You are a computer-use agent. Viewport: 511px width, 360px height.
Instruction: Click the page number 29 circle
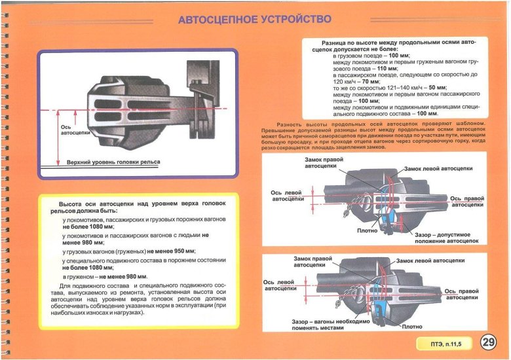(488, 342)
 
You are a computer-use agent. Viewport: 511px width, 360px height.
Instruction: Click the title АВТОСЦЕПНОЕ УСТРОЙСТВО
(255, 20)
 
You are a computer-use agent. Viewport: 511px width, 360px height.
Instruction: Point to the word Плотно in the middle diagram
(366, 230)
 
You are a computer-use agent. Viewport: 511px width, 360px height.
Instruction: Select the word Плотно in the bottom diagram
(411, 326)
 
